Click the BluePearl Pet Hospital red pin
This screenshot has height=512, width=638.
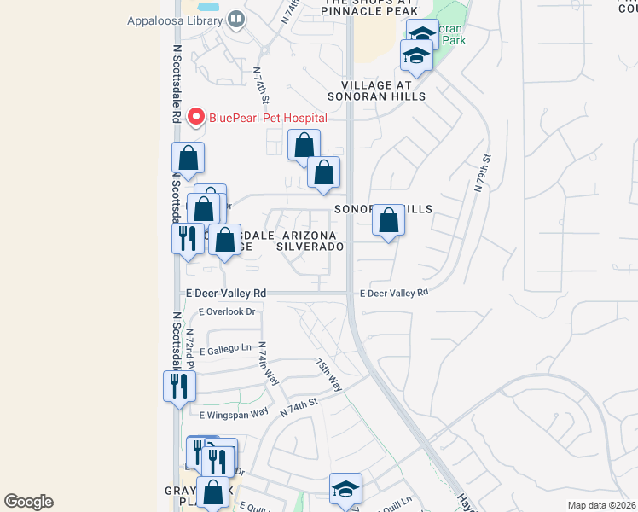pyautogui.click(x=196, y=117)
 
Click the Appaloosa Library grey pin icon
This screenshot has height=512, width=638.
pyautogui.click(x=236, y=20)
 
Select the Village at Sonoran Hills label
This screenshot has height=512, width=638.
pyautogui.click(x=383, y=90)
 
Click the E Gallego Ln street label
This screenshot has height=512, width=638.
pyautogui.click(x=226, y=350)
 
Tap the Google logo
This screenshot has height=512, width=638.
pyautogui.click(x=29, y=502)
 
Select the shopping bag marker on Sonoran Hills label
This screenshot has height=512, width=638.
pyautogui.click(x=388, y=220)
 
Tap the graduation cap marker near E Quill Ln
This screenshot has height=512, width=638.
pyautogui.click(x=345, y=489)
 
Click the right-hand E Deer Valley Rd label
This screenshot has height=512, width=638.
pyautogui.click(x=393, y=293)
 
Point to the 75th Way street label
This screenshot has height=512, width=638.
pyautogui.click(x=328, y=375)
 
